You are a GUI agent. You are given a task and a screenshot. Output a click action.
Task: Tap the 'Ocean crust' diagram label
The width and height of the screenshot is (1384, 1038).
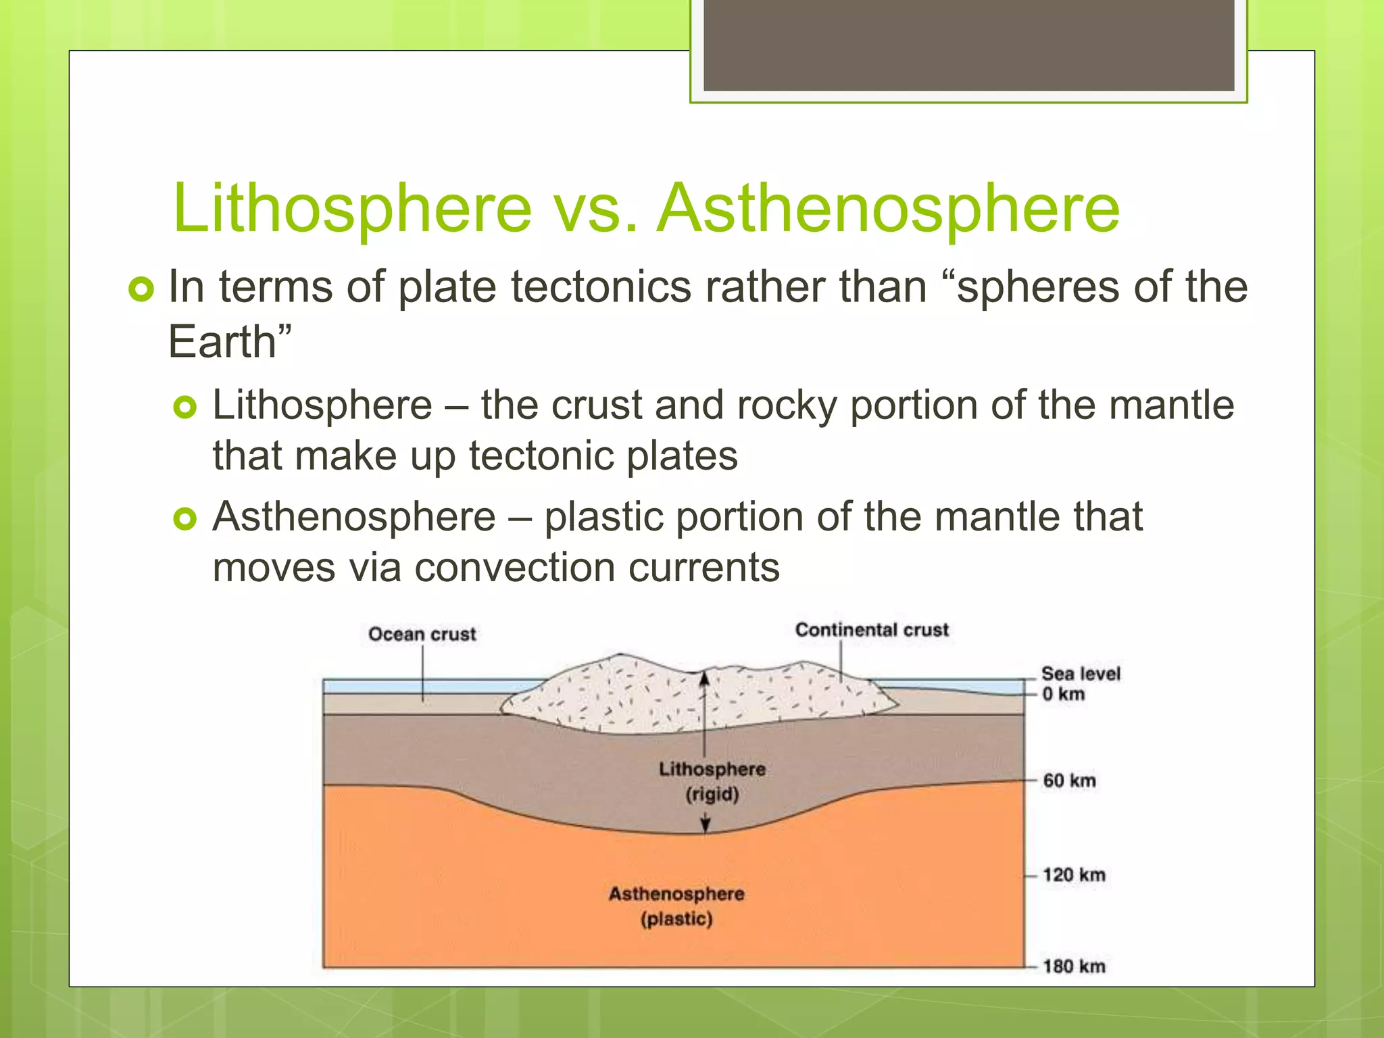coord(422,634)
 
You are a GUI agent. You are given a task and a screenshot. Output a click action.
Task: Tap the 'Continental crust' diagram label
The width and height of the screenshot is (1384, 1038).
coord(872,630)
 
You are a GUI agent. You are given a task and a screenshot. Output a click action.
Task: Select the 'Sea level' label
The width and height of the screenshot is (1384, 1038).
coord(1080,674)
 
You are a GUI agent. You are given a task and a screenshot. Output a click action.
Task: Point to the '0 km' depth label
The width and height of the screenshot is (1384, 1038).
coord(1063,694)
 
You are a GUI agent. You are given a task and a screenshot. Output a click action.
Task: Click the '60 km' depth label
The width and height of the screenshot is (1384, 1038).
coord(1069,781)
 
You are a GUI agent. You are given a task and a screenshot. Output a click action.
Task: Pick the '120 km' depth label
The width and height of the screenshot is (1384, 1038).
coord(1073,875)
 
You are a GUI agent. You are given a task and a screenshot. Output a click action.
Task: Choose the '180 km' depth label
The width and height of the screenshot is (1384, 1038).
coord(1073,966)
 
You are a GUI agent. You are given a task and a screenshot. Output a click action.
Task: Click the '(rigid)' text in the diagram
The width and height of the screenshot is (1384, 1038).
coord(712,794)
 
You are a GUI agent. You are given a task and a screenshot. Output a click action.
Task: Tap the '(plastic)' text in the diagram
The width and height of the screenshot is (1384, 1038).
coord(676,919)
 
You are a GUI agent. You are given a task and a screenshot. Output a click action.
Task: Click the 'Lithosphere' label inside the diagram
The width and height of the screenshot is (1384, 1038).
coord(712,769)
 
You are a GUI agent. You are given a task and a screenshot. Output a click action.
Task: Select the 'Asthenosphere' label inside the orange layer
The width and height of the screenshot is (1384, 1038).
coord(676,894)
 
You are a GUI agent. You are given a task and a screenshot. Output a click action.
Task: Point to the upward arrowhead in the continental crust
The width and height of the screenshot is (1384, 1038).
coord(704,678)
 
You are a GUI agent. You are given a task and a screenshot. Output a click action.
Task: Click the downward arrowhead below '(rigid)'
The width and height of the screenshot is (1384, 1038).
coord(705,824)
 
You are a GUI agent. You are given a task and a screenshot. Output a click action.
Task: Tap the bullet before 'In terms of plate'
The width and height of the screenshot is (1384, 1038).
coord(141,289)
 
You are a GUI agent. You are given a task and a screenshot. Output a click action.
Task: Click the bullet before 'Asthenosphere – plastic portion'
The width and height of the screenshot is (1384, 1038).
coord(184,519)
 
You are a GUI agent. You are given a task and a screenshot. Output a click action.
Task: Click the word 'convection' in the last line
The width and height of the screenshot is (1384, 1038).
coord(514,567)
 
